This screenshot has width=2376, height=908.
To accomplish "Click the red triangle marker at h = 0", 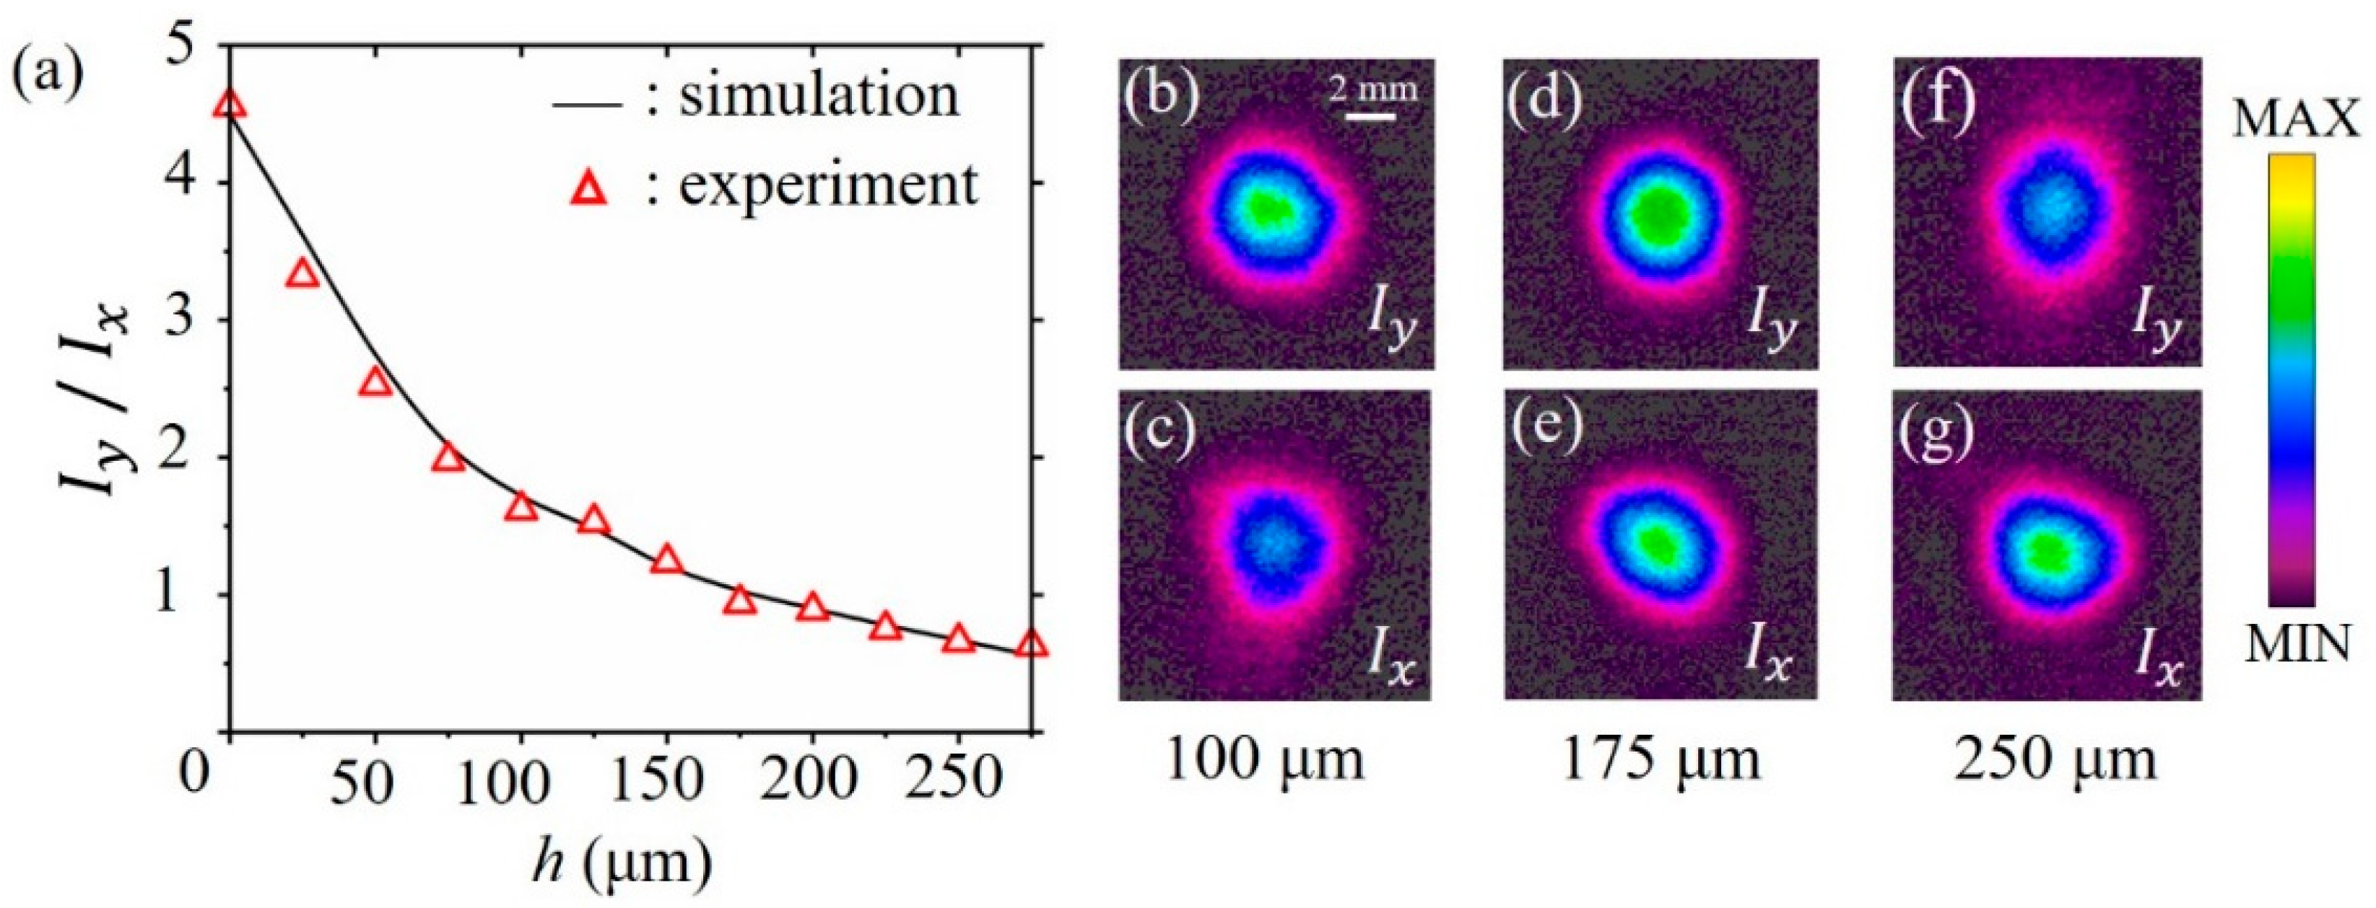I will pos(230,105).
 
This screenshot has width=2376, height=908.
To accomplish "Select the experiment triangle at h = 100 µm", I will pos(521,507).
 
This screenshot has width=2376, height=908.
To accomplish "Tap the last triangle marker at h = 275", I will pos(1032,644).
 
